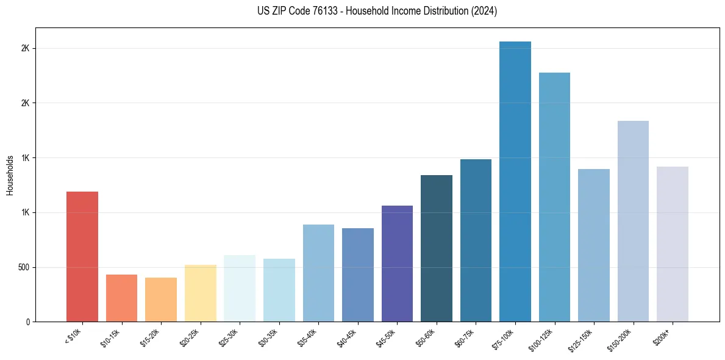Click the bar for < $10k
pos(82,256)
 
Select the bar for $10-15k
pos(121,298)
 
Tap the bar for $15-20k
pos(161,300)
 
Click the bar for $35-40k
pos(318,273)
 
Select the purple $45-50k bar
pos(397,264)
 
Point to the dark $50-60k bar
pos(437,248)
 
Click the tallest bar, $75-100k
pos(515,181)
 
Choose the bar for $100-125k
pos(554,197)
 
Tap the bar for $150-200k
pos(633,221)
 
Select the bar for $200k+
pos(673,244)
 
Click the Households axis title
pos(10,175)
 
